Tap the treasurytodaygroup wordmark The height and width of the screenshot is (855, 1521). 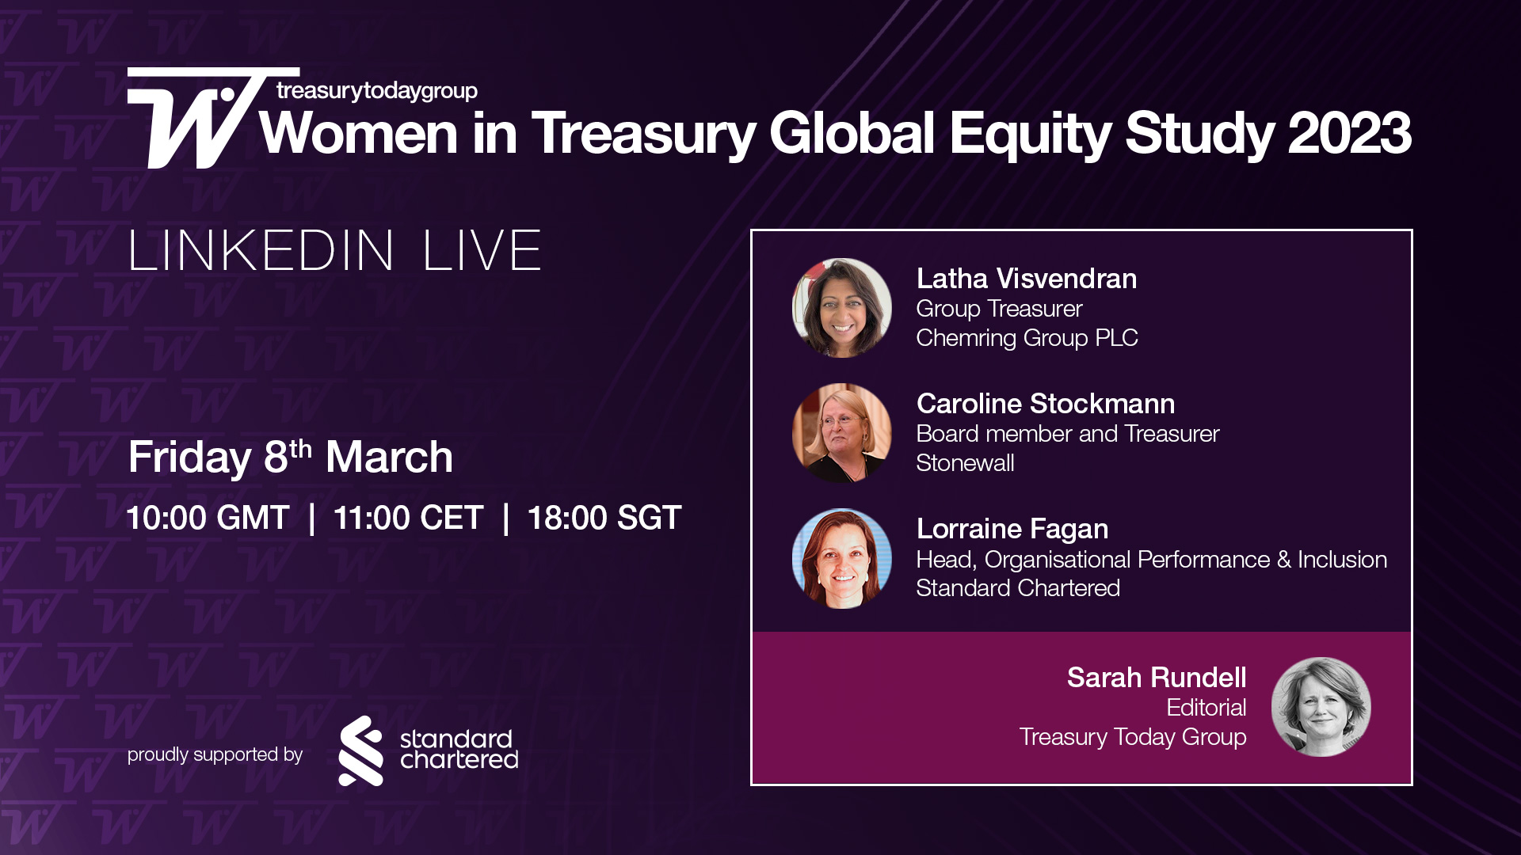377,91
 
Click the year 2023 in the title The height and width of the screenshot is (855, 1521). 1349,133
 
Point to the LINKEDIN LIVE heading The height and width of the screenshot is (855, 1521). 334,251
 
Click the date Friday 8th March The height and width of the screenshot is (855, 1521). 291,457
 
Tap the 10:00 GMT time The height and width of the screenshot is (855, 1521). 208,518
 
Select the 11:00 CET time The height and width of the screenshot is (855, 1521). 408,518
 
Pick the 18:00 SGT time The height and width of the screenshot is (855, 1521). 604,518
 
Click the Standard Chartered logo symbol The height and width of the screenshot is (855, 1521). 361,750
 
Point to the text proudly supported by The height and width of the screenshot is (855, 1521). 215,754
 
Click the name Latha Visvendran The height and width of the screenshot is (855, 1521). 1026,279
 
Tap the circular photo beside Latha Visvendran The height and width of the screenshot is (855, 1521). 841,308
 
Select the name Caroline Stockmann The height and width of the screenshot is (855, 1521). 1045,404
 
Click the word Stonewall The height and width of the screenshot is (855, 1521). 965,463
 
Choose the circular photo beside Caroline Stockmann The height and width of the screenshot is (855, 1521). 841,433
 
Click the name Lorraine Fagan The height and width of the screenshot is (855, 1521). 1012,529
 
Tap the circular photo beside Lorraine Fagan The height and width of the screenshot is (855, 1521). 841,558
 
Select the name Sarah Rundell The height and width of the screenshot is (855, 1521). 1156,678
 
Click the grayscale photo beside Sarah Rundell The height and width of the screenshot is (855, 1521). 1321,707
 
